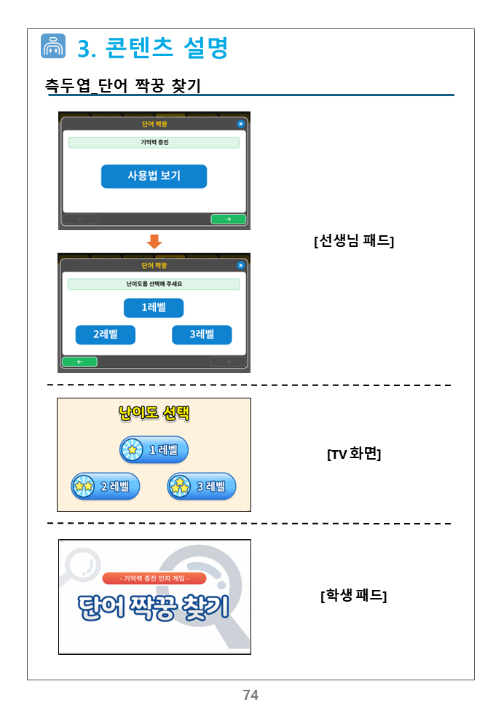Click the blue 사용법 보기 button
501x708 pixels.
(154, 176)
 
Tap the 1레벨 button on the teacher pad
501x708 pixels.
(154, 308)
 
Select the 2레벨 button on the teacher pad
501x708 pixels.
(105, 334)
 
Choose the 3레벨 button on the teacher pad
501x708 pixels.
(202, 334)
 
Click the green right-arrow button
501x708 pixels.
(229, 219)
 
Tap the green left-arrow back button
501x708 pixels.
(79, 362)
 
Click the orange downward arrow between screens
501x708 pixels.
(154, 242)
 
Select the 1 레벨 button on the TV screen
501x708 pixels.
(154, 449)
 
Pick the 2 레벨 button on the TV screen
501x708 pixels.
(105, 487)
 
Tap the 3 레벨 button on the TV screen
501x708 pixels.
(202, 487)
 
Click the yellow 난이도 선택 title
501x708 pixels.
(154, 413)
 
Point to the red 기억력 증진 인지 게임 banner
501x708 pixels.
(154, 578)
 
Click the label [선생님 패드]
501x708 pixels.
(354, 240)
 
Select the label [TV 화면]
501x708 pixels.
(354, 454)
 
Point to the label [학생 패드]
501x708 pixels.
(354, 595)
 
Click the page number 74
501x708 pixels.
(250, 695)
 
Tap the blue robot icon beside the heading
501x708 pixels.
(53, 46)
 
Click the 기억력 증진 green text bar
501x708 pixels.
(154, 143)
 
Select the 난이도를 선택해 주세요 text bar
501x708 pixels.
(154, 284)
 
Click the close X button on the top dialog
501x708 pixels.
(240, 124)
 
